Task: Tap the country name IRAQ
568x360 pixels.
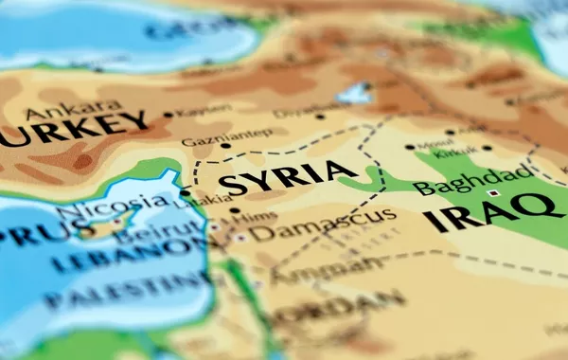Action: point(488,214)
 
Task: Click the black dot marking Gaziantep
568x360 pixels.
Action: point(225,146)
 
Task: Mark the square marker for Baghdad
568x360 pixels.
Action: point(492,193)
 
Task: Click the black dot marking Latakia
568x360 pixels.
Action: point(186,192)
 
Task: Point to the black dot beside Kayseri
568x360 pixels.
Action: point(169,115)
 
